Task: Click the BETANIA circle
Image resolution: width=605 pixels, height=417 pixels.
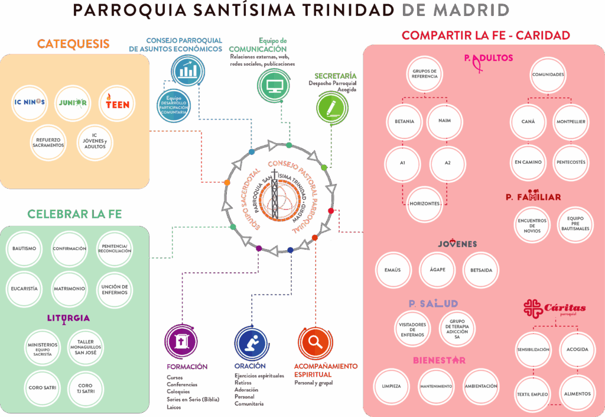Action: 404,121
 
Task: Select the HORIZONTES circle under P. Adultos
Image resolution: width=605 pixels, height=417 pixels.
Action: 425,203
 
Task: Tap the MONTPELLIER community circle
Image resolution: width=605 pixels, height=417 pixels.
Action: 570,121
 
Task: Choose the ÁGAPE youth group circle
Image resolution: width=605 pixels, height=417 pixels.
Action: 438,270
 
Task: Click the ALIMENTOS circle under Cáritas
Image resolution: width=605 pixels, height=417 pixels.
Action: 577,394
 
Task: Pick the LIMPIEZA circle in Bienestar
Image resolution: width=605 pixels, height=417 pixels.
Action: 392,386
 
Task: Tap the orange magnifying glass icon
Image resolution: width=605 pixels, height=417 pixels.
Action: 314,342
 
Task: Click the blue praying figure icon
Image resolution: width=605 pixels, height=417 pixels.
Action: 251,342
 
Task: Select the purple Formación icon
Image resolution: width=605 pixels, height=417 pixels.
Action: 181,342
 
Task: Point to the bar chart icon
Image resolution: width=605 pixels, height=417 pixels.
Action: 188,70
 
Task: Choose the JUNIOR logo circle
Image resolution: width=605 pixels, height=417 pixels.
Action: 73,103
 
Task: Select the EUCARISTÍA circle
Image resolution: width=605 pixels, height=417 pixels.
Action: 24,289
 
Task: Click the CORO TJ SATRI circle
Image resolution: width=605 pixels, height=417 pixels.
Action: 85,389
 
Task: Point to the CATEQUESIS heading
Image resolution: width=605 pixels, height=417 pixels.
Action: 73,44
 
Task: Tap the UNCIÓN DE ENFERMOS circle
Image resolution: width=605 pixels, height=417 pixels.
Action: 114,289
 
